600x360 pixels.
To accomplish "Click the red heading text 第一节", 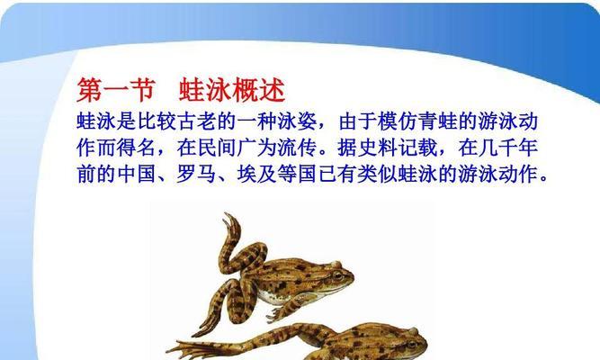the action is (116, 90).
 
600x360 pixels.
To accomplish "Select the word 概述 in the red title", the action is (259, 90).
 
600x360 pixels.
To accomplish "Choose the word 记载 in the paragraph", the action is (417, 148).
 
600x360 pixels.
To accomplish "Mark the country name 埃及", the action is (257, 175).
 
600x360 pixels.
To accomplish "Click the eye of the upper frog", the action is (336, 275).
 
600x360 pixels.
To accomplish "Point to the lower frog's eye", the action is (411, 343).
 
